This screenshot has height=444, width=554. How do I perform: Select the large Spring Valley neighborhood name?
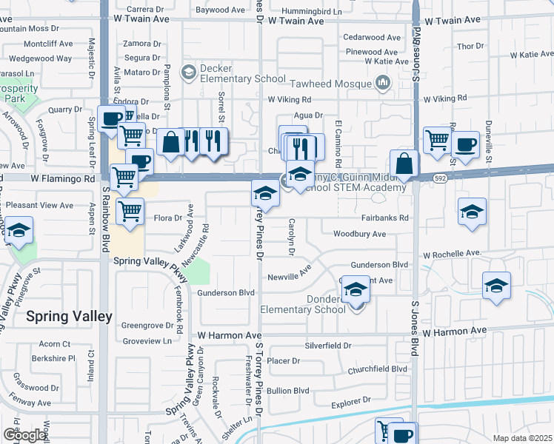[69, 317]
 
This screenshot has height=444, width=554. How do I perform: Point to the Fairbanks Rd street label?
[385, 218]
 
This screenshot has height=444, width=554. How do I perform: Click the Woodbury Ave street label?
[359, 234]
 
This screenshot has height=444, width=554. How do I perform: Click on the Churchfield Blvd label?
[378, 369]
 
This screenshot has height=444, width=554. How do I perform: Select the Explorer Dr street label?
[350, 404]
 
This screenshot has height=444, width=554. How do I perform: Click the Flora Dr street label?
[167, 218]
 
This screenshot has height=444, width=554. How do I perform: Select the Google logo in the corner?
[24, 434]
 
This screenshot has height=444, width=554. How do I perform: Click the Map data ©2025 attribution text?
[522, 438]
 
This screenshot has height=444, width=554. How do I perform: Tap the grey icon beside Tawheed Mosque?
[382, 84]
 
